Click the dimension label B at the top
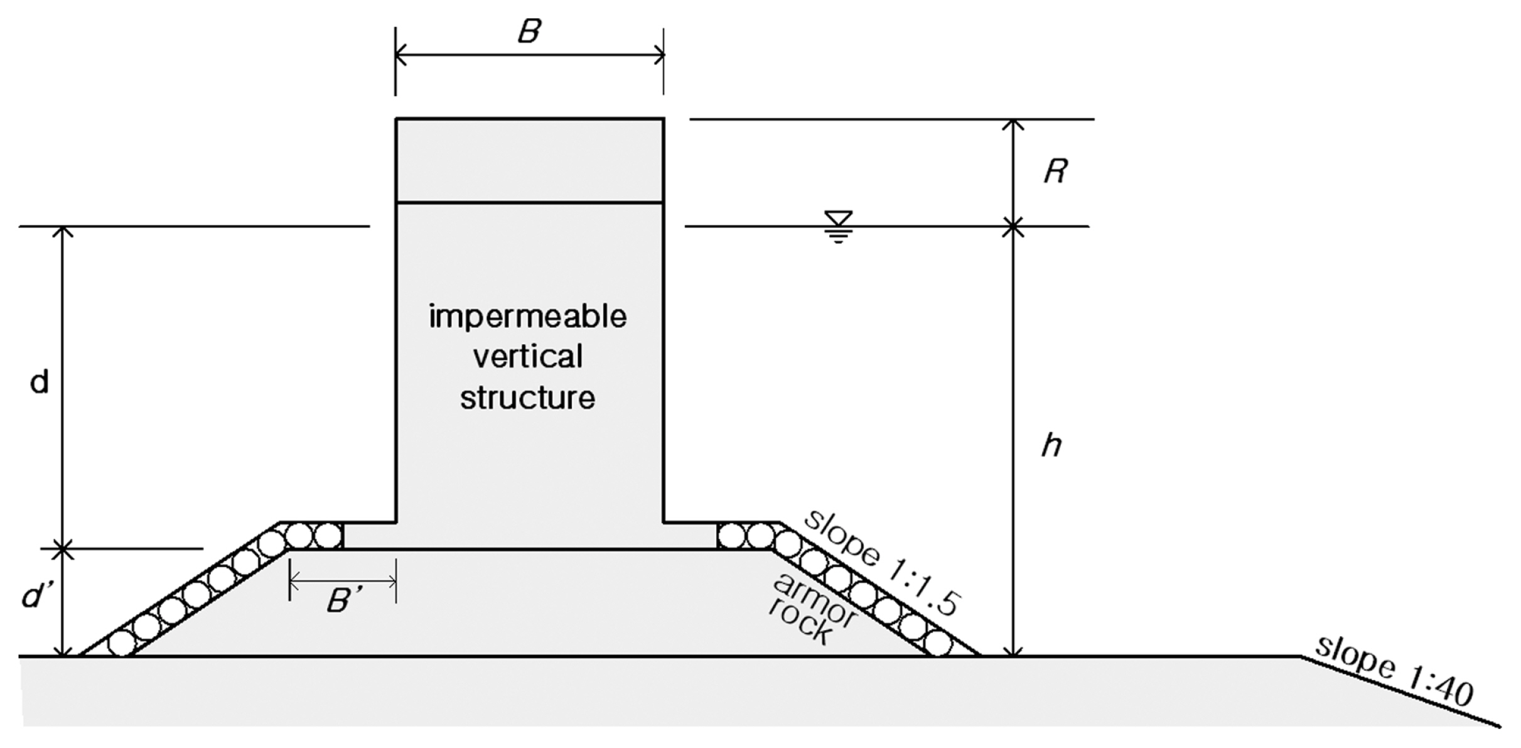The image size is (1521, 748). point(529,31)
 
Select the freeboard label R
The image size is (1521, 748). point(1055,171)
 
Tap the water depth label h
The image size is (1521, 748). point(1051,445)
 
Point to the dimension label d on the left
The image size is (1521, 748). point(40,382)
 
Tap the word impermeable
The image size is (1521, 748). point(528,316)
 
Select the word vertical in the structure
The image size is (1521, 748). point(528,357)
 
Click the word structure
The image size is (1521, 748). point(528,398)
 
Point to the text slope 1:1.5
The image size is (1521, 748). point(882,561)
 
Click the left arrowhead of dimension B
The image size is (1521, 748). point(400,55)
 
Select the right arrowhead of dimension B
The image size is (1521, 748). point(660,55)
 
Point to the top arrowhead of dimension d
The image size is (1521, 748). point(62,231)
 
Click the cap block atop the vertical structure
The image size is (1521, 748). point(529,160)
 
